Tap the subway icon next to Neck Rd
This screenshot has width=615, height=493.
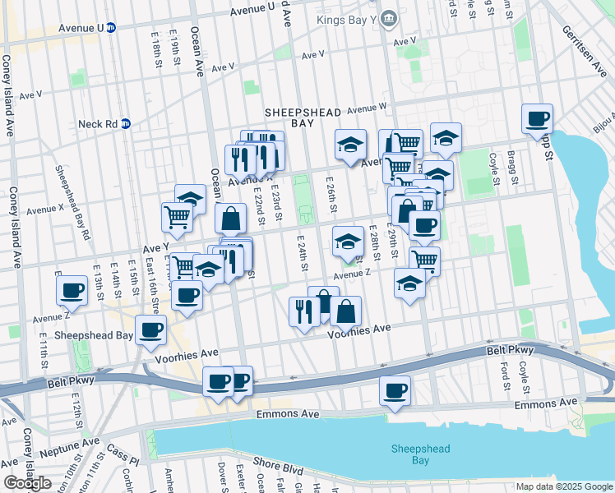tap(126, 124)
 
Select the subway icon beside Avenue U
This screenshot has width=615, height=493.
tap(111, 27)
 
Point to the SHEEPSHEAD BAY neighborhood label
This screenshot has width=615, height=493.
tap(300, 117)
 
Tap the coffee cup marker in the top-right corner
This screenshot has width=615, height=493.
tap(537, 118)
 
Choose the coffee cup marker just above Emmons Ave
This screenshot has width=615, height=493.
tap(395, 390)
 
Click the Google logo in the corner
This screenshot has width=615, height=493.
tap(27, 482)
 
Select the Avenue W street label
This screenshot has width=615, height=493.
tap(366, 108)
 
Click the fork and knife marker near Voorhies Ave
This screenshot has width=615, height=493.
tap(304, 311)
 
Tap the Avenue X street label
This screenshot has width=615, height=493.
tap(44, 210)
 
